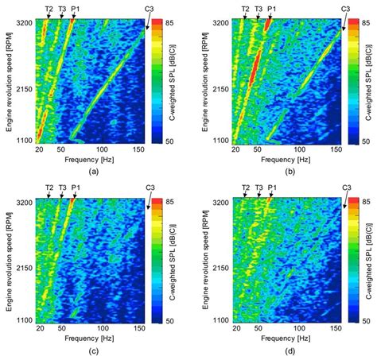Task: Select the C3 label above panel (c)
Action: tap(149, 188)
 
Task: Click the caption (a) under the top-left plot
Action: tap(93, 171)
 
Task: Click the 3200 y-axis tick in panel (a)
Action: tap(21, 23)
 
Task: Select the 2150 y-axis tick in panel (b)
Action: tap(219, 87)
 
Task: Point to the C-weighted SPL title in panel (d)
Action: tap(369, 261)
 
